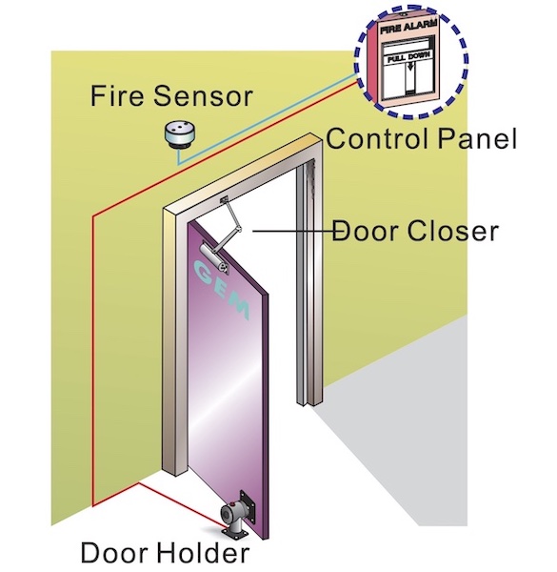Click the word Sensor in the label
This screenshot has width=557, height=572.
coord(203,95)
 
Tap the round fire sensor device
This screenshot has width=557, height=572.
coord(179,135)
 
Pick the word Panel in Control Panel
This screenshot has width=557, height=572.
coord(477,138)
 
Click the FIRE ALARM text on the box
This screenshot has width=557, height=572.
coord(408,28)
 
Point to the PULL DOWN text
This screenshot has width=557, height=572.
coord(408,57)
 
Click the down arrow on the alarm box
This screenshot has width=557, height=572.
coord(410,67)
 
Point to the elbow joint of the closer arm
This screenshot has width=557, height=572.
coord(238,229)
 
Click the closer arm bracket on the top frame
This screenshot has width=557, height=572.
coord(224,199)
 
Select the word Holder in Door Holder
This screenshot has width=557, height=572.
coord(203,553)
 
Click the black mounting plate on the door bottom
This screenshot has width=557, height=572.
coord(247,502)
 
